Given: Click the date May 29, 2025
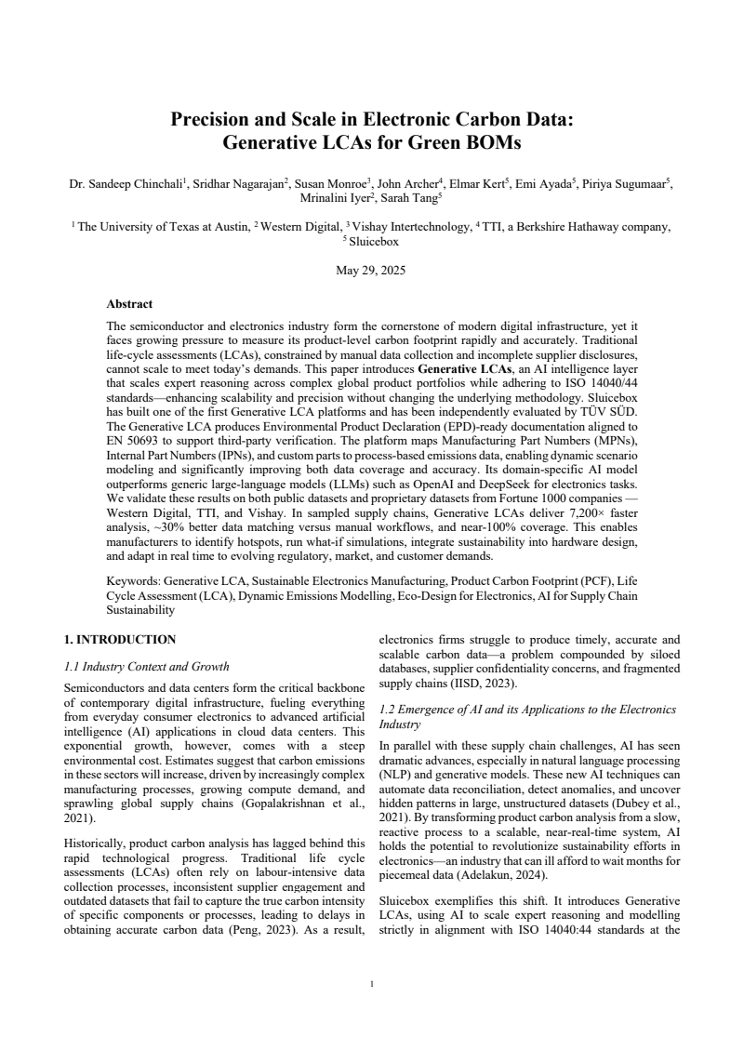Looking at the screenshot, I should pos(371,272).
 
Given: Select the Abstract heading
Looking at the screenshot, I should pos(129,304).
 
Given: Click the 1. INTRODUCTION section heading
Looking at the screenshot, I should pos(119,640).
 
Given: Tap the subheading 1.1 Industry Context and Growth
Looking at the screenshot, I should pos(146,667).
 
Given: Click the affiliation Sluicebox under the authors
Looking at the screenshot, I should pos(373,241).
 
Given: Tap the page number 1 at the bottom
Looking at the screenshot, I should pos(371,985).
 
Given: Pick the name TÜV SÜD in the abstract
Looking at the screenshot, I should pos(609,408).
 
